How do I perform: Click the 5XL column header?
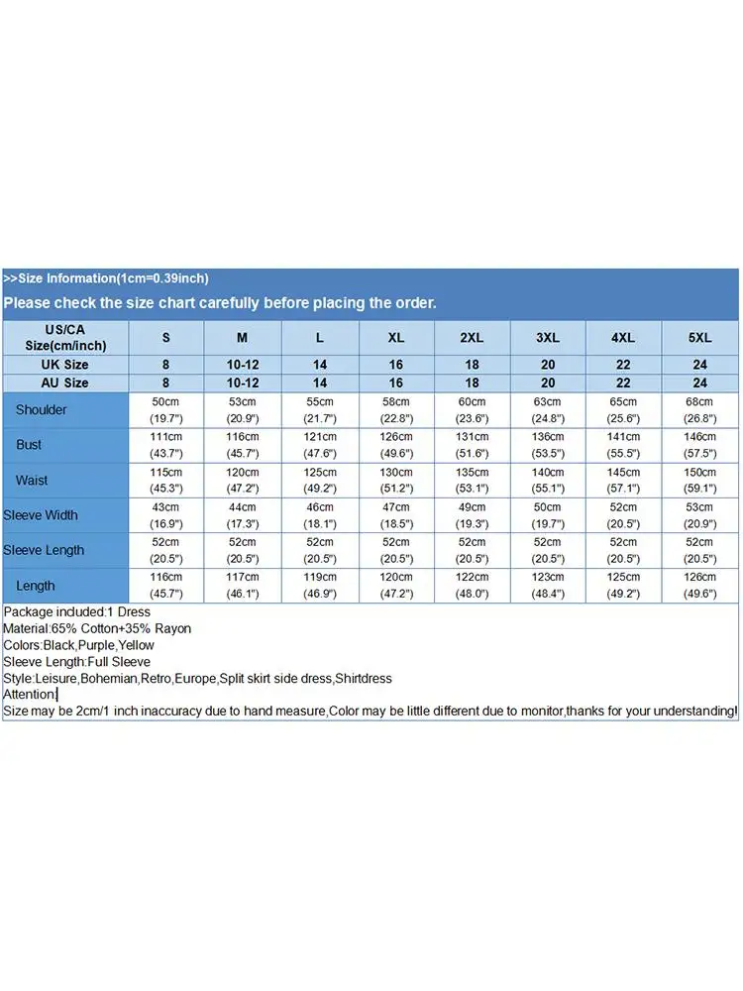tap(700, 338)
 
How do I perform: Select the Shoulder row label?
tap(42, 409)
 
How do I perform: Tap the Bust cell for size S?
tap(165, 445)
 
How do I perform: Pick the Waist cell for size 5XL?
tap(700, 480)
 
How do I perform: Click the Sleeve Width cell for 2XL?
tap(473, 515)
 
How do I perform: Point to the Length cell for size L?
tap(319, 586)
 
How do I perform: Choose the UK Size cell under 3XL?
tap(548, 365)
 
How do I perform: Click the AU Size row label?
tap(64, 383)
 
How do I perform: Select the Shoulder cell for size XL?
tap(396, 409)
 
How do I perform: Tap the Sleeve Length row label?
tap(44, 550)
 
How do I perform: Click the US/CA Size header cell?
tap(64, 337)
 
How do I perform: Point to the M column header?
tap(243, 338)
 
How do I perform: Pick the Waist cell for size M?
tap(243, 480)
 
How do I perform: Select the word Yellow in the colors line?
tap(137, 645)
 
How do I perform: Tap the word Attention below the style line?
tap(30, 695)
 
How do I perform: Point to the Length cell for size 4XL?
tap(623, 586)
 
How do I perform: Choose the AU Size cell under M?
tap(243, 383)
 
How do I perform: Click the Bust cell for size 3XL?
tap(548, 445)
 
